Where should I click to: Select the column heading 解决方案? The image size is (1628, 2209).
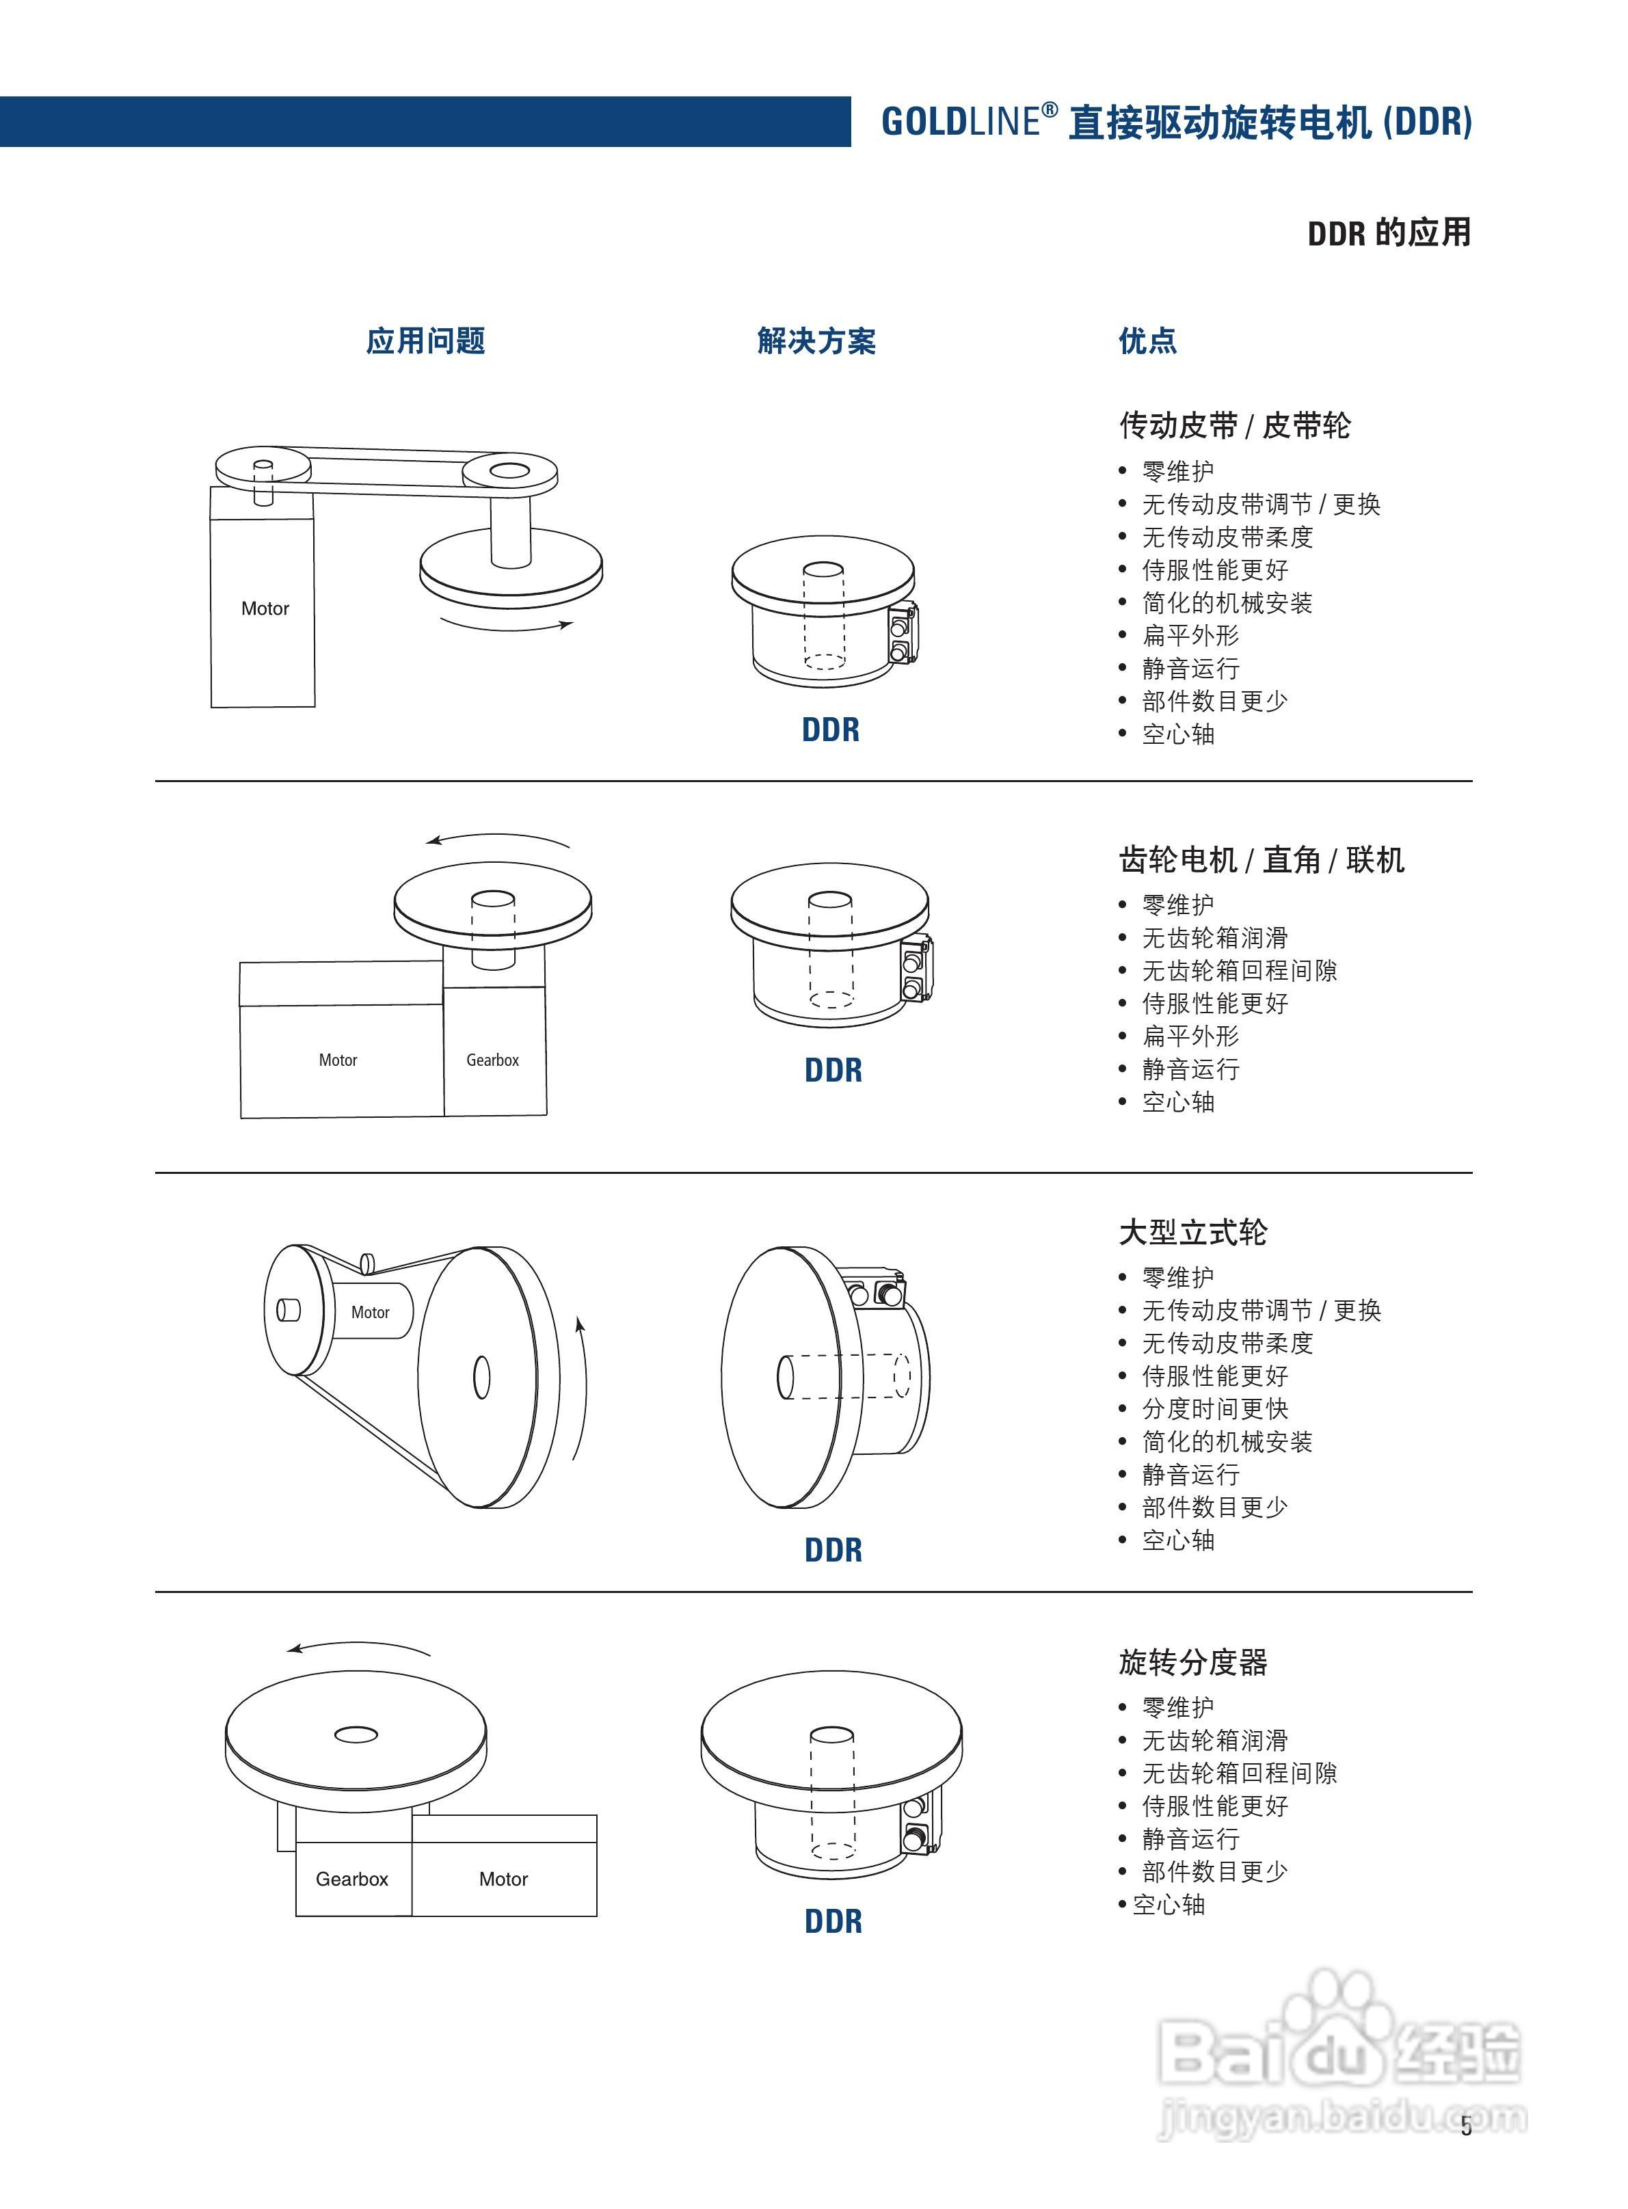(x=816, y=341)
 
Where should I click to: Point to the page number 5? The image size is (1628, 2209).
(x=1465, y=2126)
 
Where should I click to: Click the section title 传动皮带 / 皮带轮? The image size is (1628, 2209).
(x=1233, y=426)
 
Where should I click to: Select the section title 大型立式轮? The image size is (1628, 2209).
(x=1192, y=1231)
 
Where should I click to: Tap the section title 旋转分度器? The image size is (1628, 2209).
(x=1192, y=1662)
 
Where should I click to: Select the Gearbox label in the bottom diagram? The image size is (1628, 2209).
(x=352, y=1879)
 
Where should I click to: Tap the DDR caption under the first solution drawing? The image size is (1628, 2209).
(x=830, y=730)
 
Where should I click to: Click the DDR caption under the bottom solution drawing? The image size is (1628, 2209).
(x=833, y=1921)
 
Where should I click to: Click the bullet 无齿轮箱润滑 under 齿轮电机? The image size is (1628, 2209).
(x=1214, y=938)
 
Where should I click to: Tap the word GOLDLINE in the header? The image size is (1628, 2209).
(x=960, y=122)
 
